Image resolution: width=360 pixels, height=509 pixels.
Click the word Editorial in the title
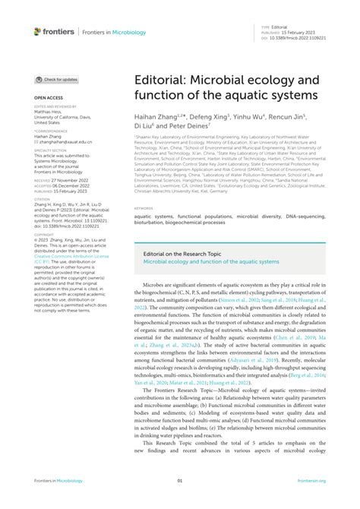point(159,78)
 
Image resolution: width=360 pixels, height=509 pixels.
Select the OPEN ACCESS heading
point(49,99)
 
